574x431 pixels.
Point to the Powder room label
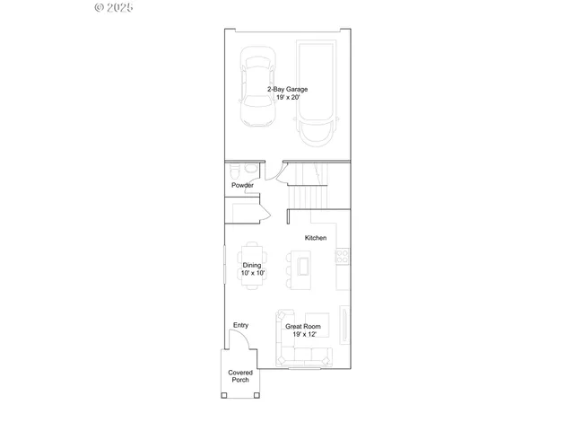click(242, 186)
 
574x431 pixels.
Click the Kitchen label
click(316, 238)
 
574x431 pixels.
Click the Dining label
click(252, 266)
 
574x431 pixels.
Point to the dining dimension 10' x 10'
click(252, 273)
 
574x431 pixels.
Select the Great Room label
click(303, 327)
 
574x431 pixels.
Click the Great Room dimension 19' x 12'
click(303, 334)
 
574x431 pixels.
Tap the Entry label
click(240, 325)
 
